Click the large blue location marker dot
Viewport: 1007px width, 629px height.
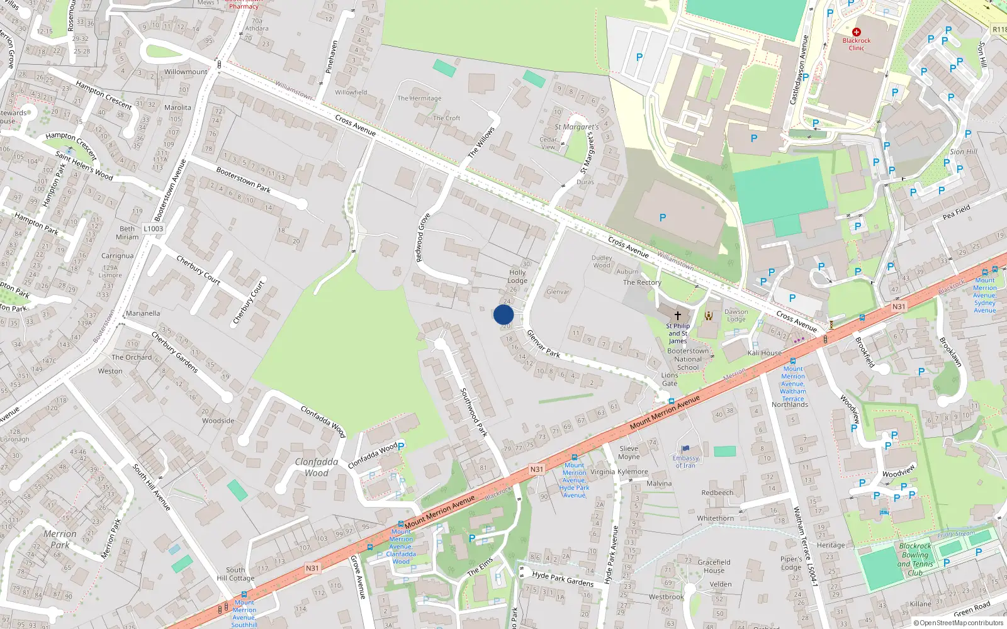coord(503,314)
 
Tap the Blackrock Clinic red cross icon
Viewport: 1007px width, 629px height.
coord(856,31)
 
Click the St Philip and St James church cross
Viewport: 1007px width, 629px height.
coord(678,315)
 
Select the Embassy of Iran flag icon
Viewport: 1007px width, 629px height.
coord(685,449)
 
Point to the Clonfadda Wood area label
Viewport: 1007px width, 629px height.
coord(317,467)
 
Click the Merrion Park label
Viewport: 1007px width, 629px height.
coord(60,539)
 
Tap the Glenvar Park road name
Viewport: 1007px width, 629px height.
coord(543,343)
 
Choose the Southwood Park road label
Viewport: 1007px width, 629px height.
coord(474,412)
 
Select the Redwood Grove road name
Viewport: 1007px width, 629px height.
coord(422,238)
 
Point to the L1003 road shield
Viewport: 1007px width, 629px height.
coord(153,229)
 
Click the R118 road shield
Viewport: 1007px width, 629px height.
coord(999,30)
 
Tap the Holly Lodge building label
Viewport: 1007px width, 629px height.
coord(517,277)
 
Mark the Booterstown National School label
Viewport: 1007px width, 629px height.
coord(688,359)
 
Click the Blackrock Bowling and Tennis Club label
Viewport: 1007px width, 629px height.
coord(915,559)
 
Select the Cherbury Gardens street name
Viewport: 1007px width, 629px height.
coord(174,352)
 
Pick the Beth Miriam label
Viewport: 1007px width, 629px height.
coord(127,233)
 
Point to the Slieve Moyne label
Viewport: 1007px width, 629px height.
coord(629,453)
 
